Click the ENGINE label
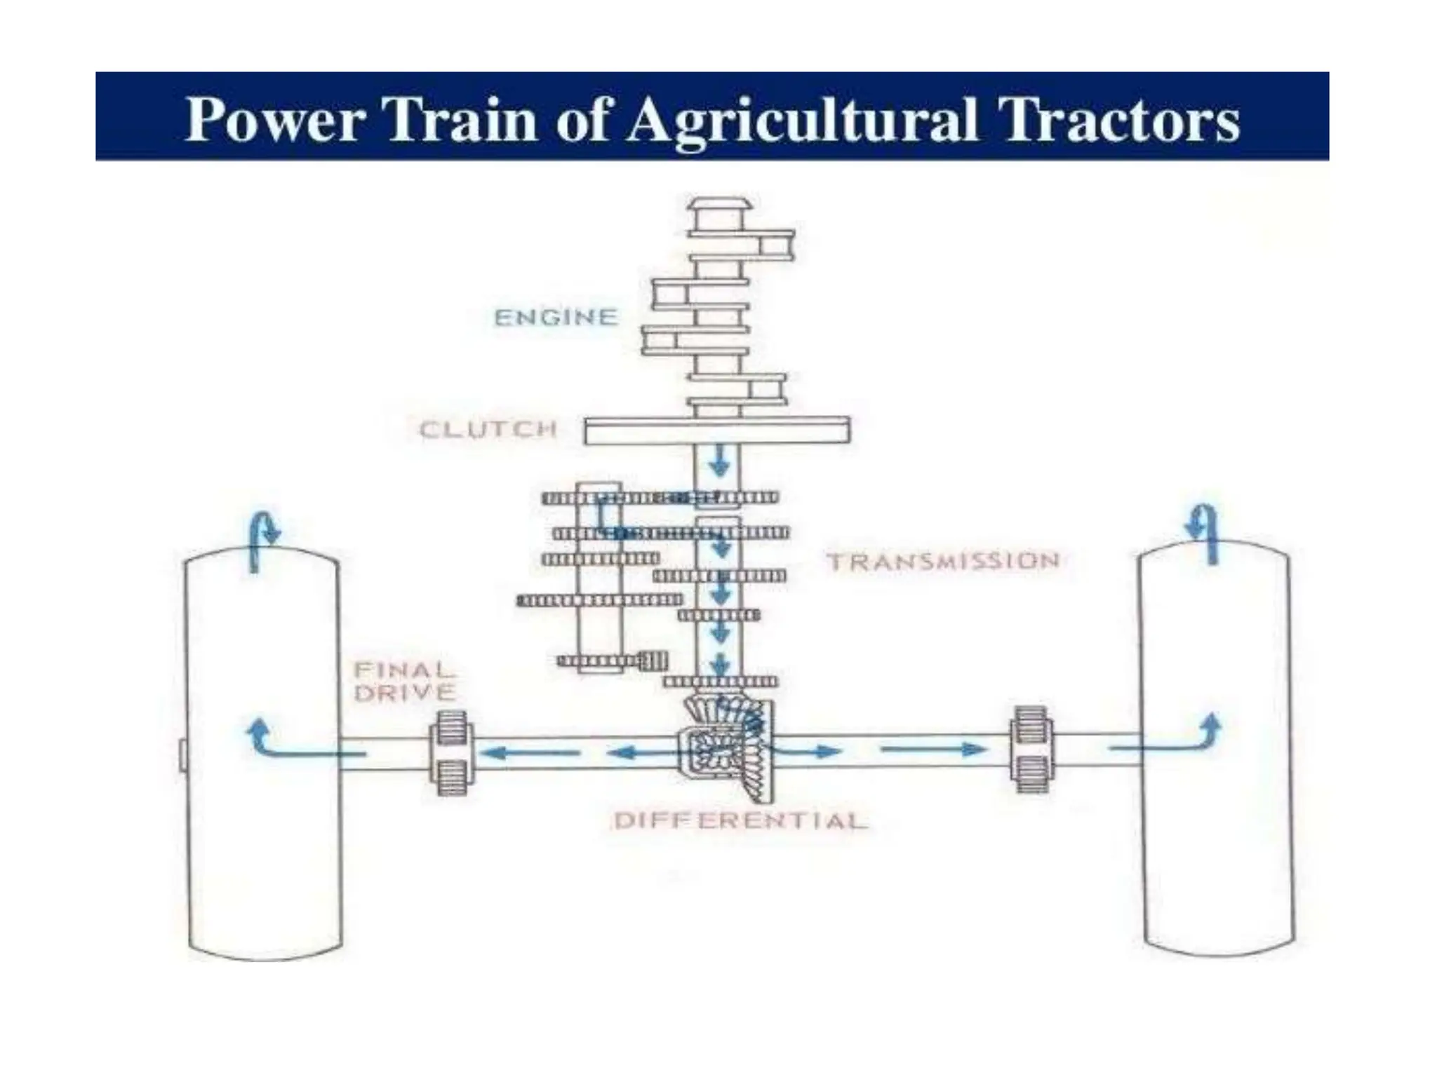556,318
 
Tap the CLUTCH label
488,429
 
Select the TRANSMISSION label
943,561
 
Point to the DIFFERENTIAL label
740,820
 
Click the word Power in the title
274,119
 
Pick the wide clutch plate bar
717,430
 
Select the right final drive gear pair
1031,750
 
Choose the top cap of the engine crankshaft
718,205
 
